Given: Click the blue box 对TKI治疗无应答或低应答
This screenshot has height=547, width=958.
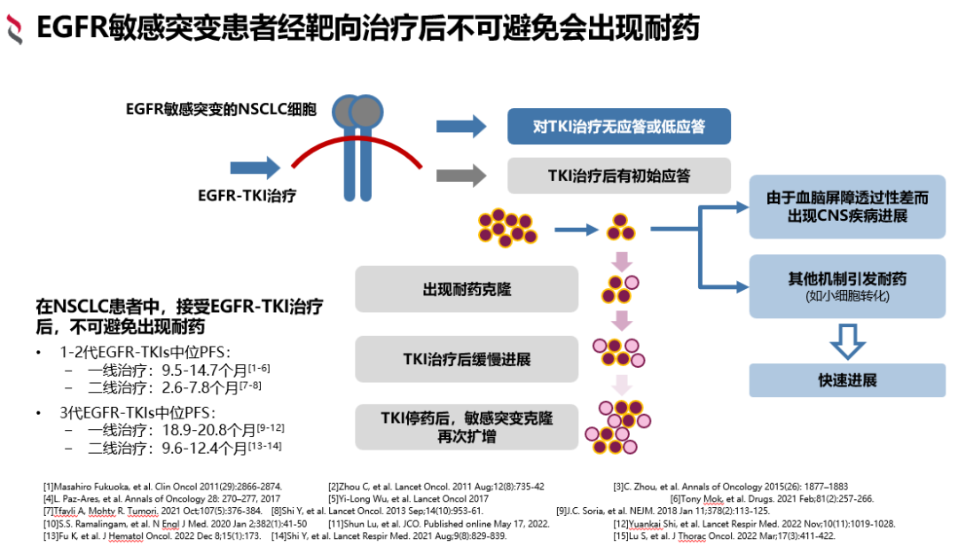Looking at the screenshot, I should tap(618, 126).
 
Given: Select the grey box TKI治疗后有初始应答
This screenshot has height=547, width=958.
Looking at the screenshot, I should tap(618, 176).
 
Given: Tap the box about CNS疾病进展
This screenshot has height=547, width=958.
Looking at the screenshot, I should tap(847, 207).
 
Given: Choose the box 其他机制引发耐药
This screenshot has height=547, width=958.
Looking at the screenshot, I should tap(847, 285).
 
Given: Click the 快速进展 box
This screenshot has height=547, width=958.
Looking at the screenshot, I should tap(847, 380).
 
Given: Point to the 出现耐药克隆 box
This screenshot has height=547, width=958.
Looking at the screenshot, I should tap(466, 289).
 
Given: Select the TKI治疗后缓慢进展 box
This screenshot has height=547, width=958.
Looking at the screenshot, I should tap(466, 359).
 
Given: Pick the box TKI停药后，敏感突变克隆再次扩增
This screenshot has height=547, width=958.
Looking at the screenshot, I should tap(466, 426).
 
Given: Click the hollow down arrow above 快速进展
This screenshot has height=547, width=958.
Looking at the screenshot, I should tap(847, 340).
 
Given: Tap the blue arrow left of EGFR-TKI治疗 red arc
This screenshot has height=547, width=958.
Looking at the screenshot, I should tap(255, 168).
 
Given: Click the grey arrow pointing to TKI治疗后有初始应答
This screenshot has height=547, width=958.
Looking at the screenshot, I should tap(461, 175).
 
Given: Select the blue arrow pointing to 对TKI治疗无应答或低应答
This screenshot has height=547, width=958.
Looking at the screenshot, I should tap(461, 126).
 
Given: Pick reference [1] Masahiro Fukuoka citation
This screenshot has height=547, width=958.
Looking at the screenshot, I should tap(162, 486).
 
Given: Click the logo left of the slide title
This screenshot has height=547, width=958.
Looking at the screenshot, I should tap(15, 30).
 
